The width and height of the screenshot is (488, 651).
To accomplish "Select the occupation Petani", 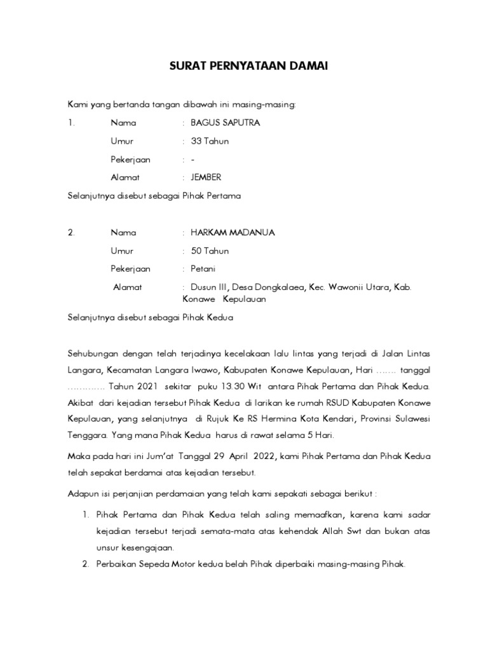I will pos(204,269).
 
